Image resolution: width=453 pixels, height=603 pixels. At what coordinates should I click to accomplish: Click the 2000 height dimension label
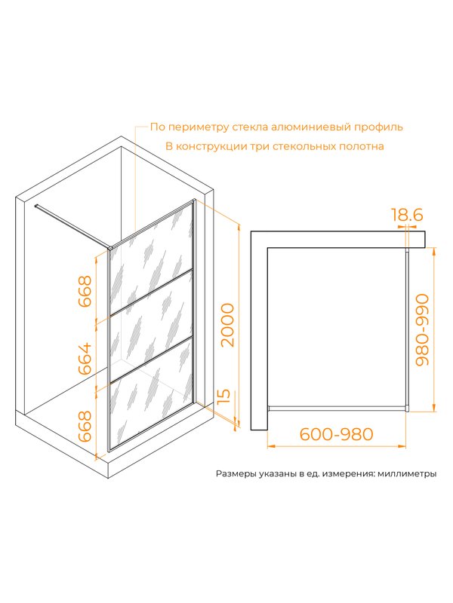228,325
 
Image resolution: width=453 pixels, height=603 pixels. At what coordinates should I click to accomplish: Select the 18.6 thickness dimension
407,214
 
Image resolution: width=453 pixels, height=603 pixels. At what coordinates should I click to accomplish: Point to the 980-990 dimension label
422,329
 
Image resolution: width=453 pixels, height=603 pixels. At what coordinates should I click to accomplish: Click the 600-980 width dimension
337,434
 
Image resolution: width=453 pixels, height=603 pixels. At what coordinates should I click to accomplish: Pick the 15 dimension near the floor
224,396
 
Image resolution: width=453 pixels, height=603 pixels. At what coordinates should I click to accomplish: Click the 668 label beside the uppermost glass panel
85,291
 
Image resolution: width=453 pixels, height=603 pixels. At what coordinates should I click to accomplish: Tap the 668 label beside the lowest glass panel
85,426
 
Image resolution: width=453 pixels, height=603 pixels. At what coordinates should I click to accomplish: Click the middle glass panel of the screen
151,328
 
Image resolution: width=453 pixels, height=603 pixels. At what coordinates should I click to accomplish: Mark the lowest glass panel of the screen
151,395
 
